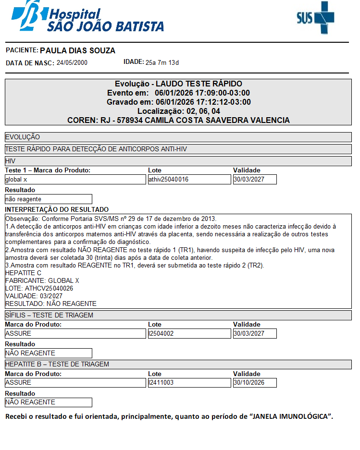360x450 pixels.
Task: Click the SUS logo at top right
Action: (x=315, y=18)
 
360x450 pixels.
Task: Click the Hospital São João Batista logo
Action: (x=88, y=18)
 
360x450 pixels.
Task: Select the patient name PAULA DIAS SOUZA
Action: (x=77, y=51)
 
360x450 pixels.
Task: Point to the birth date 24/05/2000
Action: (x=72, y=63)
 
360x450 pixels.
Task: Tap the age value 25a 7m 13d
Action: (x=162, y=62)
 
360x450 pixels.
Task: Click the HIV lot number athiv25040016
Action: (x=189, y=180)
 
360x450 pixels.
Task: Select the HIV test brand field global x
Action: (x=75, y=180)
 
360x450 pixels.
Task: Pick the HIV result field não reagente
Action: (x=48, y=199)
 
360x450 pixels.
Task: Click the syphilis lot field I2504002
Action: (x=189, y=333)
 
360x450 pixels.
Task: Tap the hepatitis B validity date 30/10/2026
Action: (x=255, y=383)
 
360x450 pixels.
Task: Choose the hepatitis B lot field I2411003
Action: (x=189, y=383)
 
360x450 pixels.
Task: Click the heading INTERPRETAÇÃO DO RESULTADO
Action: (x=57, y=209)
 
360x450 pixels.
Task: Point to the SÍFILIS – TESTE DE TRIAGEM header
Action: (x=49, y=315)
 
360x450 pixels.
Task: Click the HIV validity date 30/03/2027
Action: (x=255, y=180)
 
